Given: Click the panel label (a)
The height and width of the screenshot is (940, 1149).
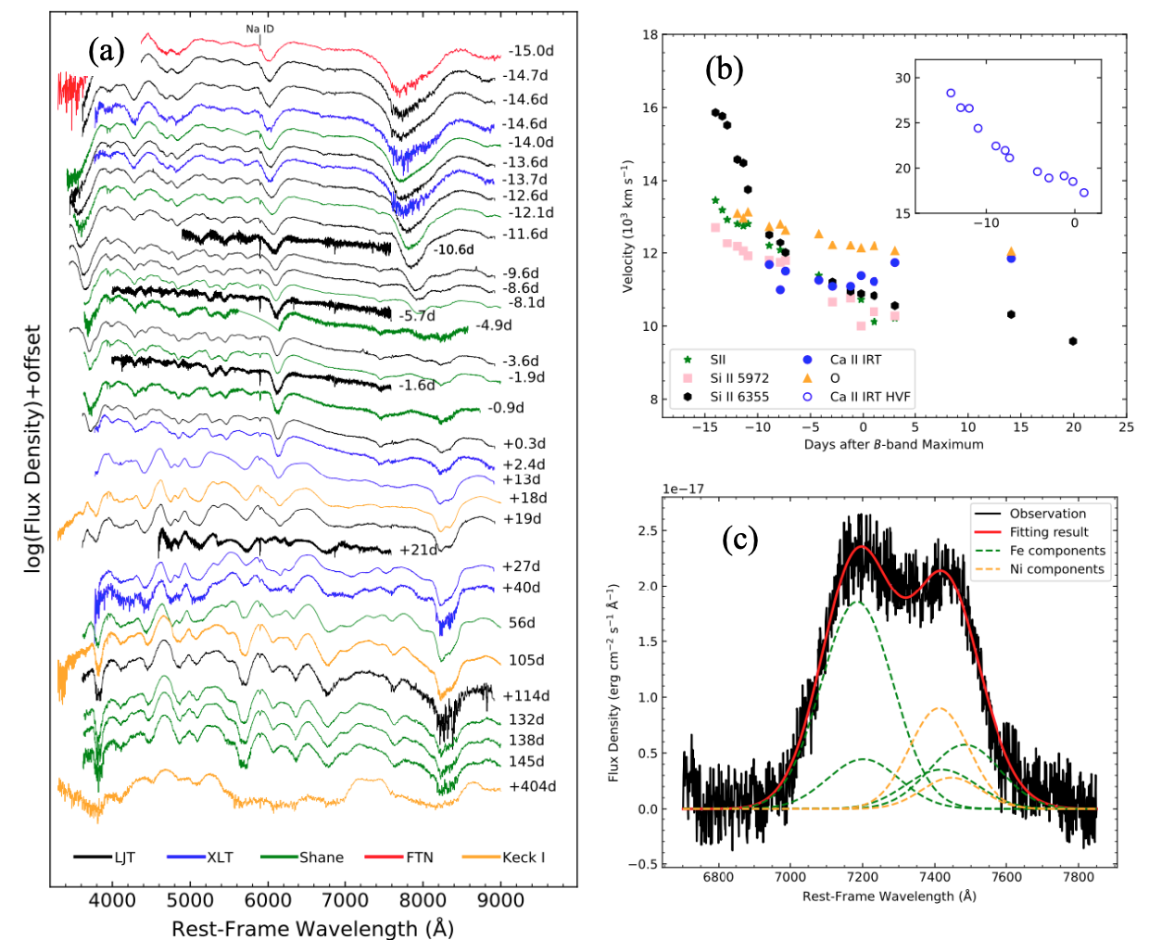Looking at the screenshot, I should [106, 50].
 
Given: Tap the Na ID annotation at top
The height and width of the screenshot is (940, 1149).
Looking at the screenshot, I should [259, 29].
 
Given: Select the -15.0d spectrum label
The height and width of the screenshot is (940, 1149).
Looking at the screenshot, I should [531, 51].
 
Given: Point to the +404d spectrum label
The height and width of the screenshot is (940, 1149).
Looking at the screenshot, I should [533, 786].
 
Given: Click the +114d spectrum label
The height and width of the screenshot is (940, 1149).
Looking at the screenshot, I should [526, 695].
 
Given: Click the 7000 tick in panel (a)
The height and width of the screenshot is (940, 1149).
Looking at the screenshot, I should [346, 899].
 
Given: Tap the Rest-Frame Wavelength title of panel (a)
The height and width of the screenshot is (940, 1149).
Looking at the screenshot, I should [312, 927].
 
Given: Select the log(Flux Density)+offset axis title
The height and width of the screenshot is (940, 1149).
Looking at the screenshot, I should [33, 449].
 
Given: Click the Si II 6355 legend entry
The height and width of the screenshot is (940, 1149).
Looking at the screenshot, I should [739, 397].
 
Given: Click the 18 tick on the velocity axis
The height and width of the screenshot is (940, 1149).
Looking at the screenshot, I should [650, 35].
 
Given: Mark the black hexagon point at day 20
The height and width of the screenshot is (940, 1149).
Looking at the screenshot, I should [1073, 341].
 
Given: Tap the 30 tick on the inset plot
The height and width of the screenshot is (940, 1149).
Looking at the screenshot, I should [902, 78].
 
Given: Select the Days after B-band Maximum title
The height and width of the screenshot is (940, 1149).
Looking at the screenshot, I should [893, 444].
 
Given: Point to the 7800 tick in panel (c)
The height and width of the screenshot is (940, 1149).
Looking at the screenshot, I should [1078, 877].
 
